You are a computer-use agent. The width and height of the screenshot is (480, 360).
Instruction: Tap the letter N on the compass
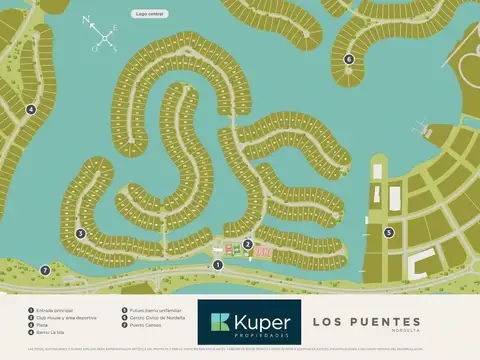click(x=87, y=20)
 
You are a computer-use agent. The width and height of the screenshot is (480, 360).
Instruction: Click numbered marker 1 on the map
click(x=218, y=264)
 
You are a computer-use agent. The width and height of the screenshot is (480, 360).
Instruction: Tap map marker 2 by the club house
click(x=247, y=244)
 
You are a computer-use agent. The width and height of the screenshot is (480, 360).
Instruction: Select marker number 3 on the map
click(x=80, y=234)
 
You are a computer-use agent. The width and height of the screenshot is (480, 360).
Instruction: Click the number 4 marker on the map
click(x=31, y=110)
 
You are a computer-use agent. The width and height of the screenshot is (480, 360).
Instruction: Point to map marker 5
click(x=389, y=232)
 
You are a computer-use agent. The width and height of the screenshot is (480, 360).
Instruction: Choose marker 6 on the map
click(x=349, y=59)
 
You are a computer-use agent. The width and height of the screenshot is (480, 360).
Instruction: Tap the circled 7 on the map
click(x=44, y=270)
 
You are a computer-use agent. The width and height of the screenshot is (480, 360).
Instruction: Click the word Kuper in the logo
click(x=262, y=322)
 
